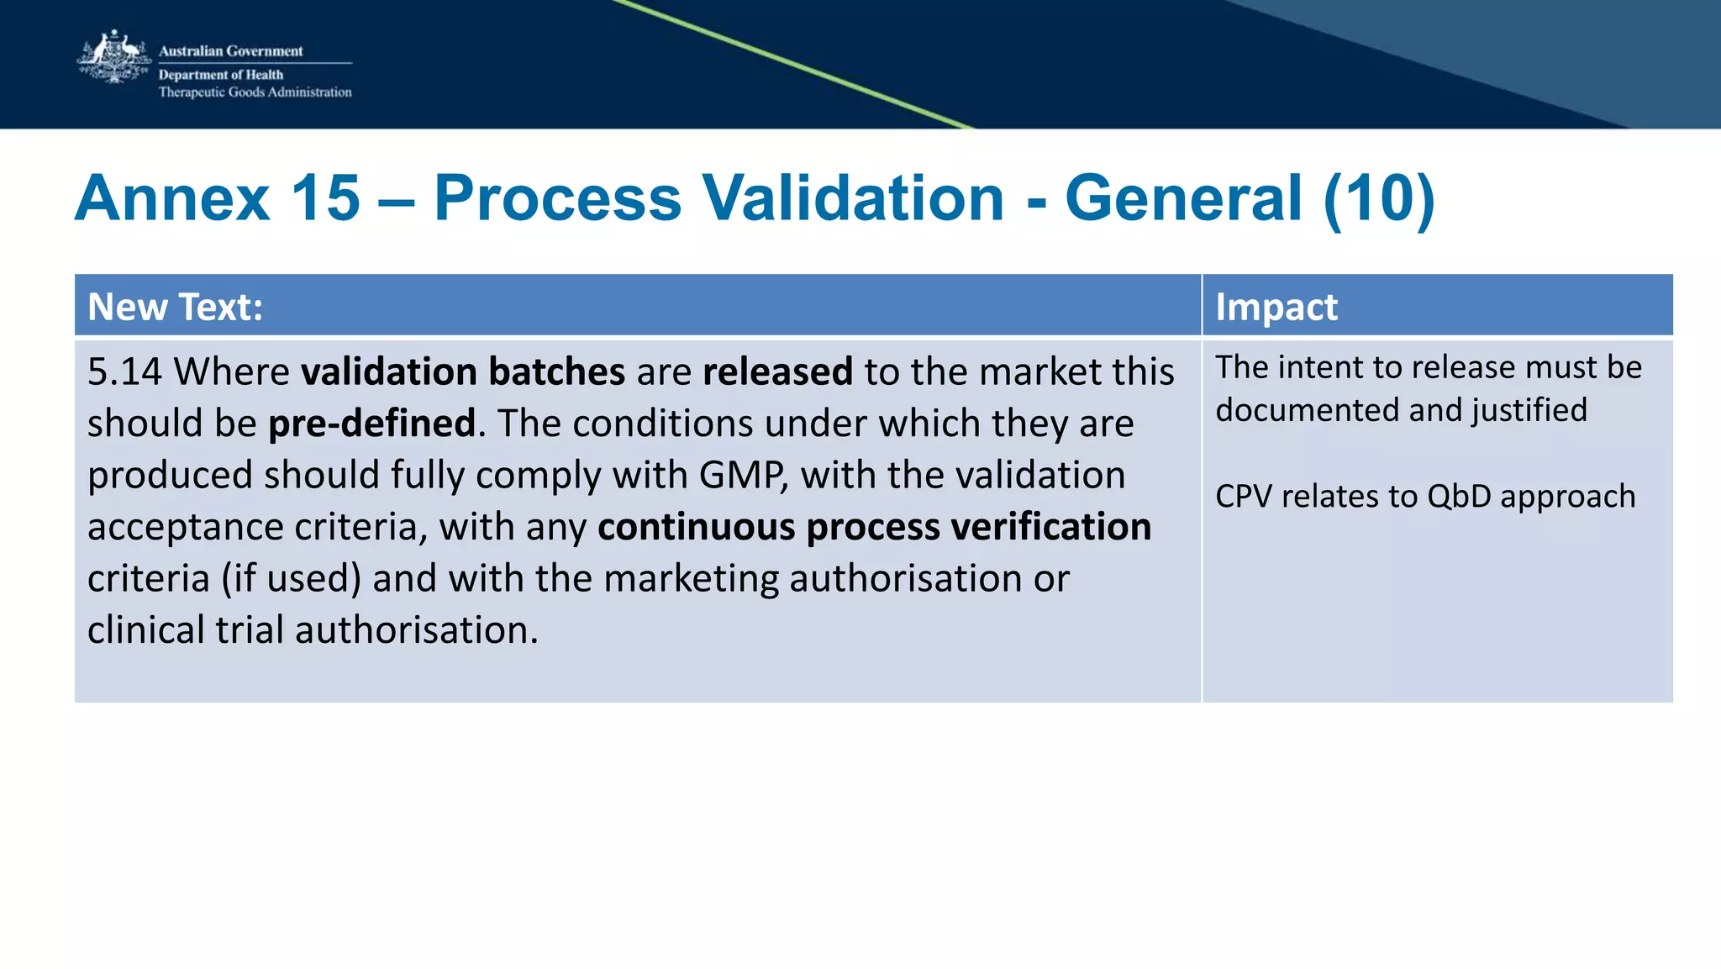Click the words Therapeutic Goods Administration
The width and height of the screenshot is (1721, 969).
[x=255, y=92]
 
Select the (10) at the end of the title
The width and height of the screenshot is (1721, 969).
[x=1378, y=198]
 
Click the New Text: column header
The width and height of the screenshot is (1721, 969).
[x=175, y=307]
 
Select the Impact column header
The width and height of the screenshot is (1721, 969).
[x=1276, y=307]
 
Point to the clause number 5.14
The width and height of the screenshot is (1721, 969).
[x=124, y=371]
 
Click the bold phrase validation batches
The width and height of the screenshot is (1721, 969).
[x=463, y=371]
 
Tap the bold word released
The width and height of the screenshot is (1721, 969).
[x=777, y=371]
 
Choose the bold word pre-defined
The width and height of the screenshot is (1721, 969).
[x=371, y=424]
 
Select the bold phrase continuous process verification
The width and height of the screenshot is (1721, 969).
[x=874, y=527]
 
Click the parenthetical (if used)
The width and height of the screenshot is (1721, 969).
[x=291, y=579]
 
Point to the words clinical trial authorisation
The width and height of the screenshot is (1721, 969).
[x=312, y=630]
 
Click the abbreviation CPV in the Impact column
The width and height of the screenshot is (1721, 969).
[x=1244, y=497]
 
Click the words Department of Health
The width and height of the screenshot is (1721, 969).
[x=221, y=75]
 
